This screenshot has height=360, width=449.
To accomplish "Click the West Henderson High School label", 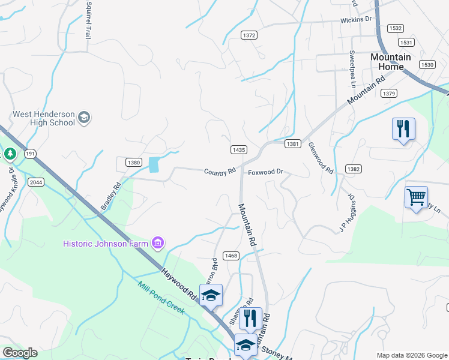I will tap(44, 118).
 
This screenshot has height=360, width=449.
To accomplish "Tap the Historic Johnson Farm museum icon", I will tap(158, 243).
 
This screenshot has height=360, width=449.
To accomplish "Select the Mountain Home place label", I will tap(391, 62).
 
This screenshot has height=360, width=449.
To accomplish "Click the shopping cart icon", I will tap(416, 196).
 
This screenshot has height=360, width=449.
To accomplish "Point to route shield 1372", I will tap(249, 36).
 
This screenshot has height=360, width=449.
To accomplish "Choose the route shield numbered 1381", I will tap(293, 144).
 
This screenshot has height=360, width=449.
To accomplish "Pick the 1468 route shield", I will tap(232, 256).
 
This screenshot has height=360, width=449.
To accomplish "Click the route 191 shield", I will tap(30, 154).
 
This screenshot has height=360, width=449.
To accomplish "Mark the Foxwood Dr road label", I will tap(265, 172).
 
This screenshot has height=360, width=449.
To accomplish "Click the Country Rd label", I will tap(220, 172).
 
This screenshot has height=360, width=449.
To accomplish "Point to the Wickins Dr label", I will tap(356, 20).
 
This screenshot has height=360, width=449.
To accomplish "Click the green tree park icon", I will tap(10, 154).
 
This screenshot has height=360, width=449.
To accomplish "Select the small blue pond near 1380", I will tap(154, 164).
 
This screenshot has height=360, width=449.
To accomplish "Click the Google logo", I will tap(20, 353).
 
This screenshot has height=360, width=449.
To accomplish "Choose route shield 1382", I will tap(354, 170).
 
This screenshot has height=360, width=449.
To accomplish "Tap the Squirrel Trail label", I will tap(88, 20).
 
